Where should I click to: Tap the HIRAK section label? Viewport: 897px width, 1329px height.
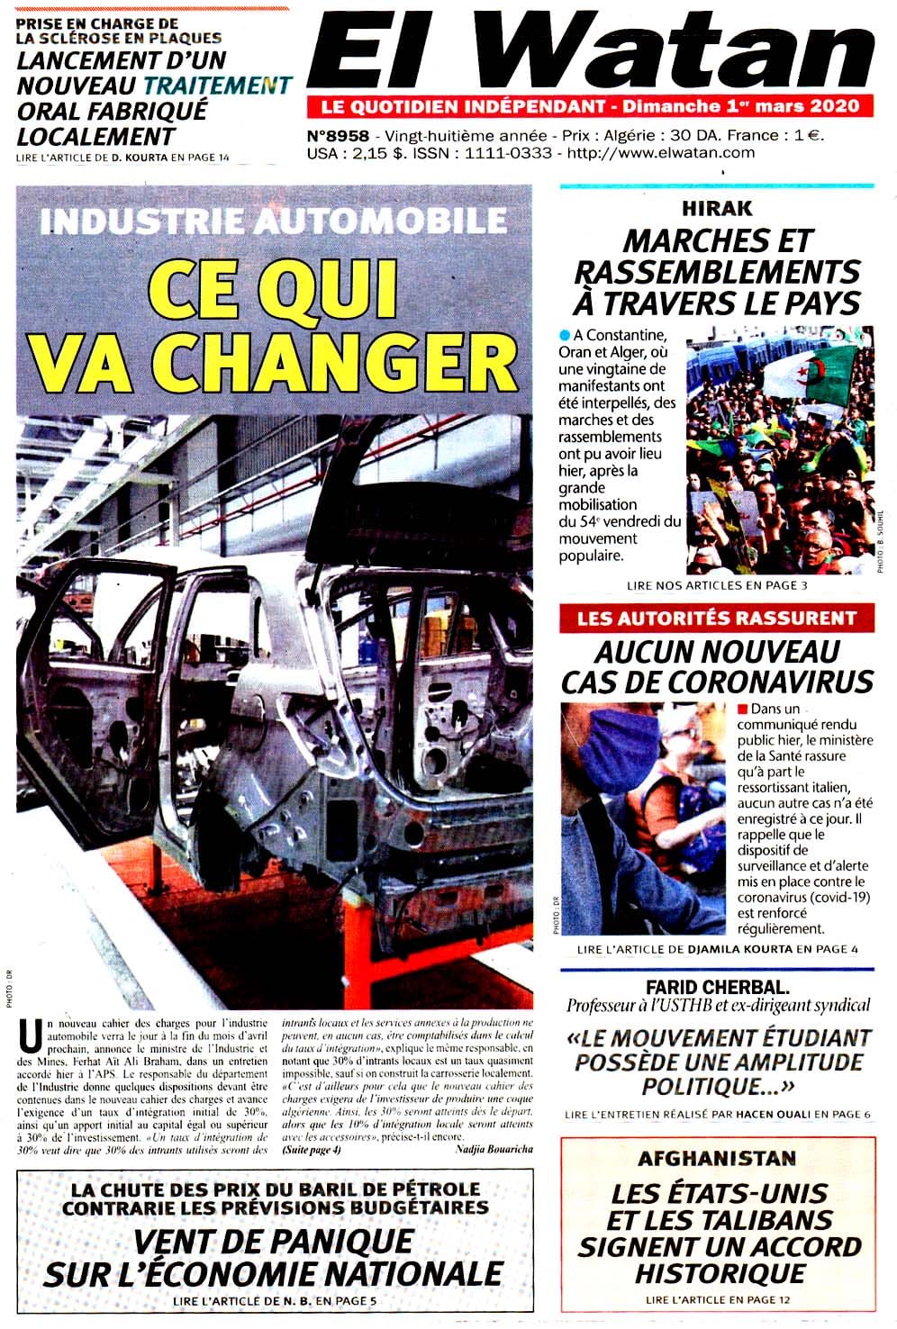point(716,209)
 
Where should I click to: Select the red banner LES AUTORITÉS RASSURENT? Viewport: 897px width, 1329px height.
point(716,619)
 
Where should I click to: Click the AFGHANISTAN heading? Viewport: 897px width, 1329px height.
point(718,1159)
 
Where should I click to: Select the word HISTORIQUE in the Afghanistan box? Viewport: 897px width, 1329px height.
point(720,1274)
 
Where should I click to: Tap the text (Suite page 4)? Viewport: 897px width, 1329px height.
point(312,1150)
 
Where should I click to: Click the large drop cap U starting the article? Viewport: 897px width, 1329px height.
point(30,1037)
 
